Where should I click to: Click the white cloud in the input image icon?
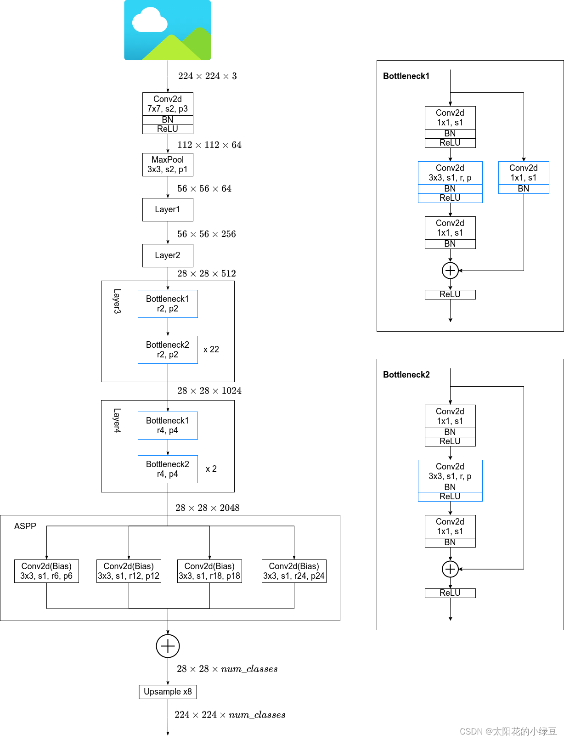pos(149,21)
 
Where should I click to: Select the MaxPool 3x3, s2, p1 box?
pos(168,164)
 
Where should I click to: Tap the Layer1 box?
pos(168,209)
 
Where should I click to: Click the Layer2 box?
pos(168,255)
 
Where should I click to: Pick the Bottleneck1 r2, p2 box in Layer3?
pos(168,304)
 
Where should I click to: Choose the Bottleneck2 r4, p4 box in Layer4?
pos(168,469)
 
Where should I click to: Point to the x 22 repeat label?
pos(211,350)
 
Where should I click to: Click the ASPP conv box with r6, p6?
pos(46,571)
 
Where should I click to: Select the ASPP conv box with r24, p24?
pos(294,571)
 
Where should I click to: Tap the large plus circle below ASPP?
pos(168,646)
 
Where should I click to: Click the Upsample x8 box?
pos(168,692)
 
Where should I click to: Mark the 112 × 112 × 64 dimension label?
pos(209,145)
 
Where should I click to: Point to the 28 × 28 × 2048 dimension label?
pos(208,508)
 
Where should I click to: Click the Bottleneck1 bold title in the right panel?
pos(406,76)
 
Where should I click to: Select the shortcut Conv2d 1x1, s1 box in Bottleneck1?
pos(524,173)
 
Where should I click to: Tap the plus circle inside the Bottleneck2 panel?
pos(450,569)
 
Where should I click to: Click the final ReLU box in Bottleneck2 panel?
pos(450,593)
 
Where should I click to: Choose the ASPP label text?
pos(25,526)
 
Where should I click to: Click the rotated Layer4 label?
pos(117,421)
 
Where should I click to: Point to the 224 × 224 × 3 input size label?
pos(208,76)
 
